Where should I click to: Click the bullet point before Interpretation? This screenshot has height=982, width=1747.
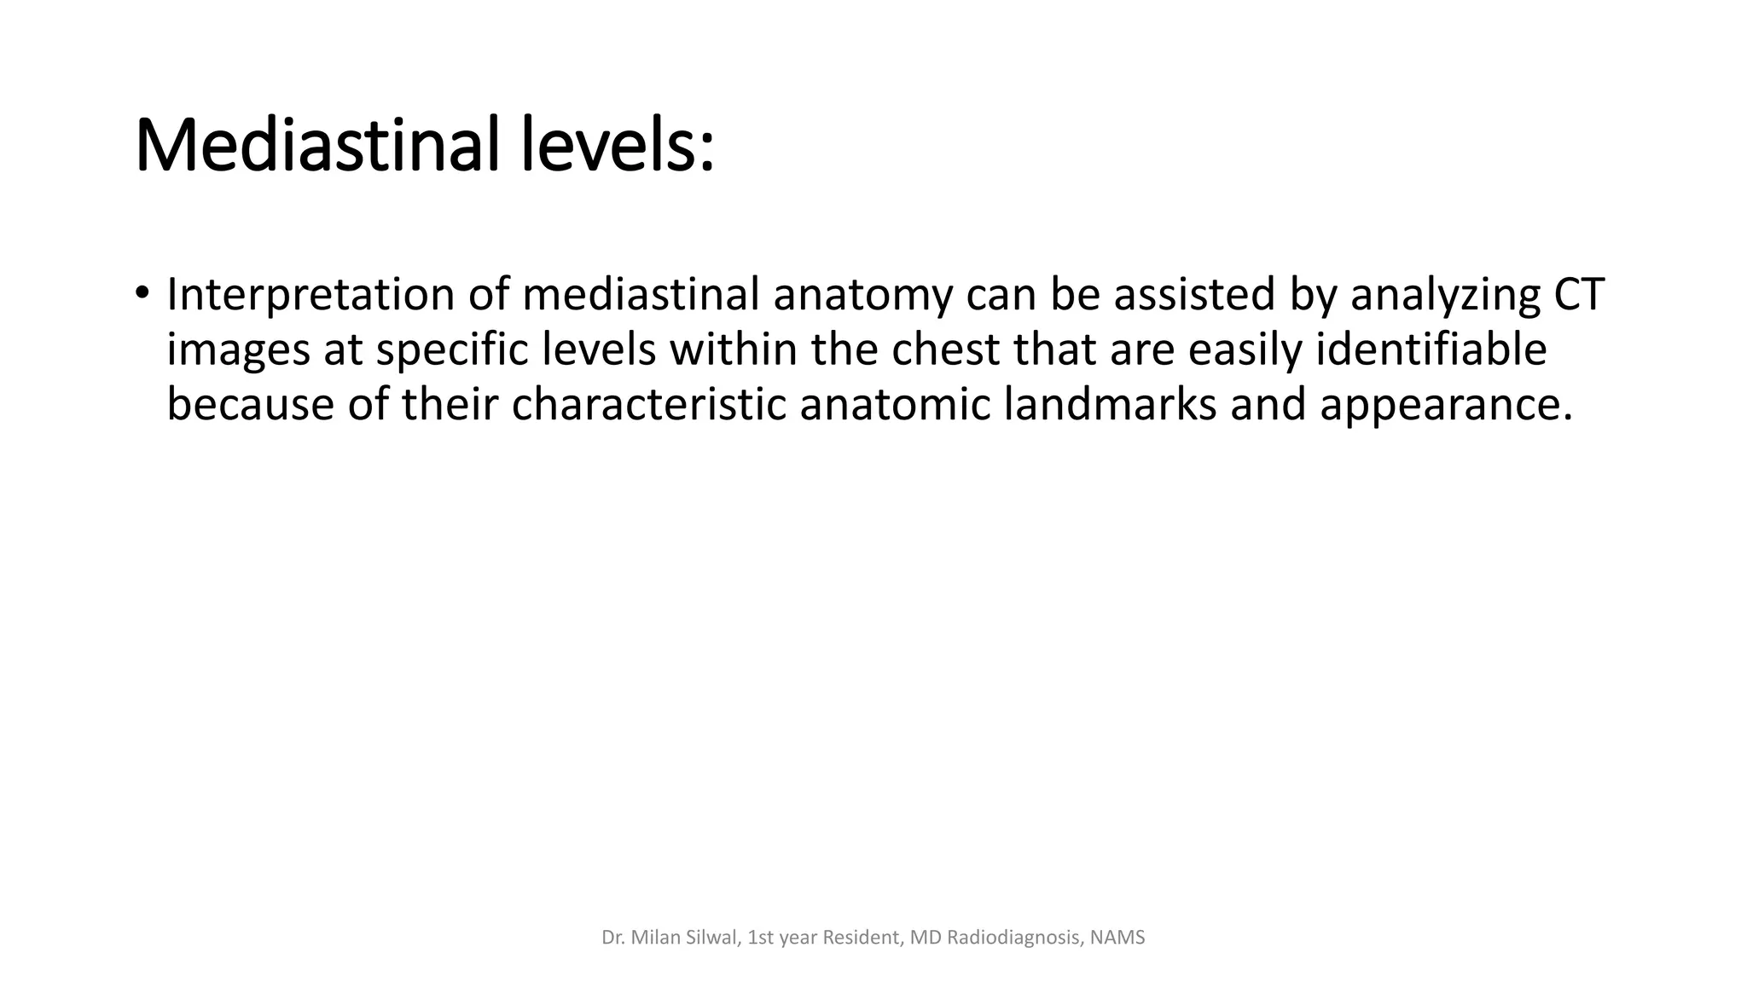pyautogui.click(x=142, y=292)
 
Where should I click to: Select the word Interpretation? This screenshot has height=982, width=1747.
pyautogui.click(x=311, y=295)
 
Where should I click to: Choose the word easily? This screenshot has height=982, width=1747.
pyautogui.click(x=1245, y=349)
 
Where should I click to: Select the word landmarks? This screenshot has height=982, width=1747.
pyautogui.click(x=1110, y=404)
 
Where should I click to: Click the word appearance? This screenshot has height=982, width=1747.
pyautogui.click(x=1445, y=404)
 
